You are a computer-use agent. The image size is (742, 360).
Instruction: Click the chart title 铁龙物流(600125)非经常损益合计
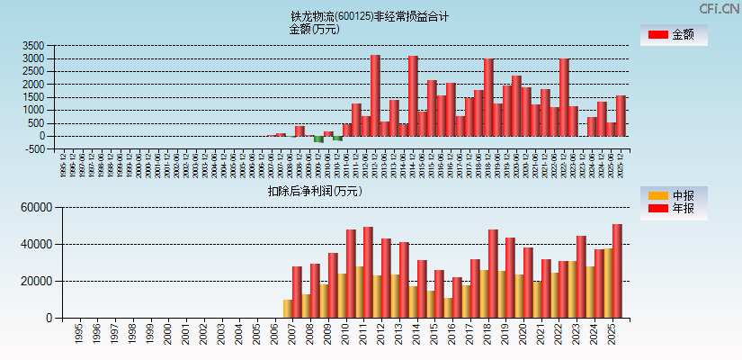(369, 16)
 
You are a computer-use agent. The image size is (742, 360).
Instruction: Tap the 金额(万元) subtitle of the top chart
(314, 29)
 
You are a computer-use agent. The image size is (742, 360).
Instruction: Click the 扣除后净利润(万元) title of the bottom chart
(314, 191)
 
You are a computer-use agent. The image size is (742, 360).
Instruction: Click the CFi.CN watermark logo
(720, 8)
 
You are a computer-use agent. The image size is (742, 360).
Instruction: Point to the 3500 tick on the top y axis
(33, 46)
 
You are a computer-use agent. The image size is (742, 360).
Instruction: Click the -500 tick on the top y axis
(35, 149)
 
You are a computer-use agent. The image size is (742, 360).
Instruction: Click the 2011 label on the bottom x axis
(363, 334)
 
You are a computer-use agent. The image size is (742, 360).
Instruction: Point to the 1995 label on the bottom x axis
(79, 334)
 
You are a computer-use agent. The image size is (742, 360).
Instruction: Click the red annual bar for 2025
(617, 271)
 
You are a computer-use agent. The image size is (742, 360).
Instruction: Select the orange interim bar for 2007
(288, 309)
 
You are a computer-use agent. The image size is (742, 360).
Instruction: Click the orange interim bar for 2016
(448, 308)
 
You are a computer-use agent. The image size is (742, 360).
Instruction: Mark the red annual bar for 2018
(493, 274)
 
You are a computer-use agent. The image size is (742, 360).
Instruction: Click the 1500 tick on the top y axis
(33, 97)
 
